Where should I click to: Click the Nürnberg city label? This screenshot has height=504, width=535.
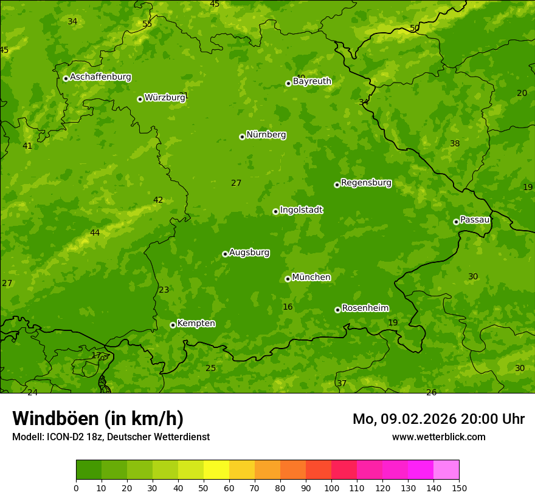pyautogui.click(x=266, y=135)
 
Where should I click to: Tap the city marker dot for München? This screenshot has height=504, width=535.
pyautogui.click(x=288, y=279)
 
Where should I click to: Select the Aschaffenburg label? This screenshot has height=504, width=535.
pyautogui.click(x=100, y=77)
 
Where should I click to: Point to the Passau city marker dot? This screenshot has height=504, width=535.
pyautogui.click(x=456, y=222)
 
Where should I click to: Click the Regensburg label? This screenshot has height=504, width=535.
pyautogui.click(x=366, y=183)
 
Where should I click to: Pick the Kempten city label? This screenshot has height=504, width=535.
pyautogui.click(x=196, y=324)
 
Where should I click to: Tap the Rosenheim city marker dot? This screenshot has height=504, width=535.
pyautogui.click(x=337, y=310)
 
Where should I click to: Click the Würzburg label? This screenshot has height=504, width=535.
pyautogui.click(x=164, y=98)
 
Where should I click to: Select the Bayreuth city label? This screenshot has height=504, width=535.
pyautogui.click(x=312, y=81)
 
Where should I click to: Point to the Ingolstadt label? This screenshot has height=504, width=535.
pyautogui.click(x=301, y=210)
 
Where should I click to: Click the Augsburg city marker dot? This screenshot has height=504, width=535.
pyautogui.click(x=225, y=254)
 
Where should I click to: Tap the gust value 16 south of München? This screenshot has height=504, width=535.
pyautogui.click(x=288, y=307)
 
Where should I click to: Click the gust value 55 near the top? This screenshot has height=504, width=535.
pyautogui.click(x=147, y=24)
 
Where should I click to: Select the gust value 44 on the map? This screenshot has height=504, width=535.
pyautogui.click(x=95, y=233)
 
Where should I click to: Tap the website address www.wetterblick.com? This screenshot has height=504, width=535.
pyautogui.click(x=438, y=437)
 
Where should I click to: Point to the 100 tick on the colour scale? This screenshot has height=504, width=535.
pyautogui.click(x=331, y=488)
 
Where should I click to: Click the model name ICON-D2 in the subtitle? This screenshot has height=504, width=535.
pyautogui.click(x=69, y=437)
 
